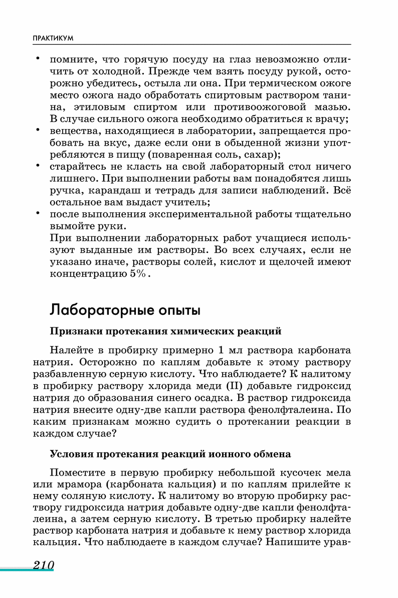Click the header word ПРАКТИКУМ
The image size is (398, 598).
(x=53, y=38)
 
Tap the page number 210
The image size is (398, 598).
(x=43, y=565)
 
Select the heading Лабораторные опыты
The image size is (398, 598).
(x=125, y=310)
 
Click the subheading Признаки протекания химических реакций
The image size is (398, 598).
(x=166, y=331)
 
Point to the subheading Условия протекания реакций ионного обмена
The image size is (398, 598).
(x=170, y=454)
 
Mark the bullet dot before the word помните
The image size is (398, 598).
(x=37, y=58)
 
